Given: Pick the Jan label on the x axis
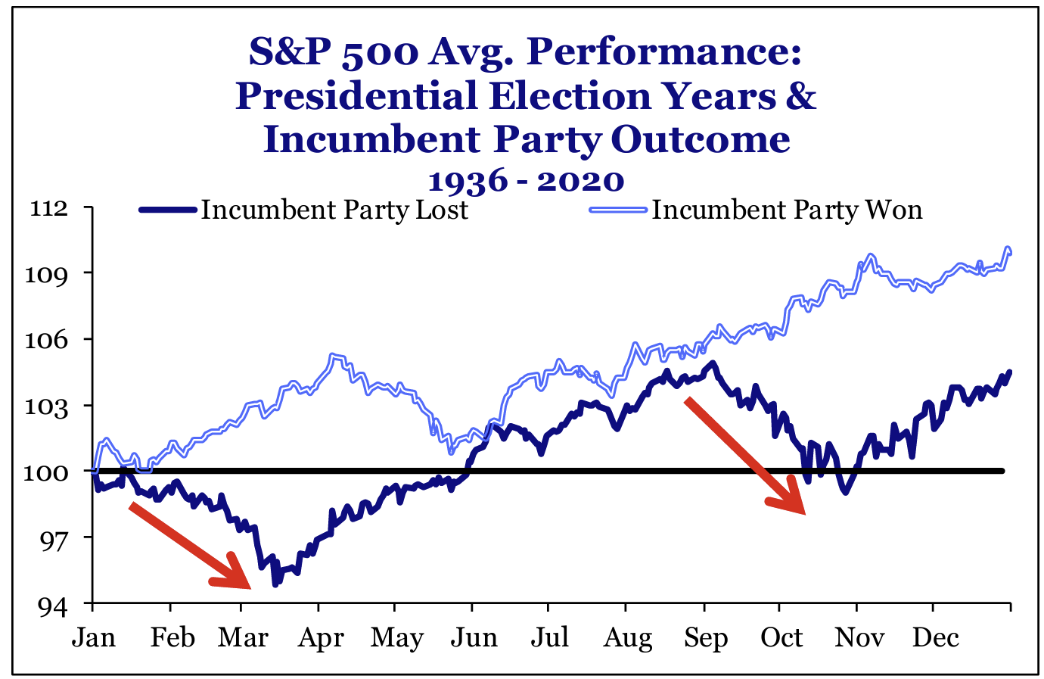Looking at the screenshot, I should [x=94, y=637].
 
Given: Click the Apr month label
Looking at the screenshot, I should [x=321, y=637].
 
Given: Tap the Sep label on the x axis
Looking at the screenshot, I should [x=705, y=637].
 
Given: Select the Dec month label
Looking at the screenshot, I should [x=935, y=637].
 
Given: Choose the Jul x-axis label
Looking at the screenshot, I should [x=549, y=637].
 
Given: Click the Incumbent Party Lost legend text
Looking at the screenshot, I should [x=334, y=210].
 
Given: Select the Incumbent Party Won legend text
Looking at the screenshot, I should [x=787, y=210].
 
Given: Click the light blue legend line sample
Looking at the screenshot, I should [x=618, y=210].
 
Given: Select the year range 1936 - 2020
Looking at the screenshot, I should [x=526, y=181].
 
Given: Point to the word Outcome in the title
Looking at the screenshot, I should [x=700, y=140].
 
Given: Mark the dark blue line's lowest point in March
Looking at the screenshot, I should [x=275, y=584].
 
